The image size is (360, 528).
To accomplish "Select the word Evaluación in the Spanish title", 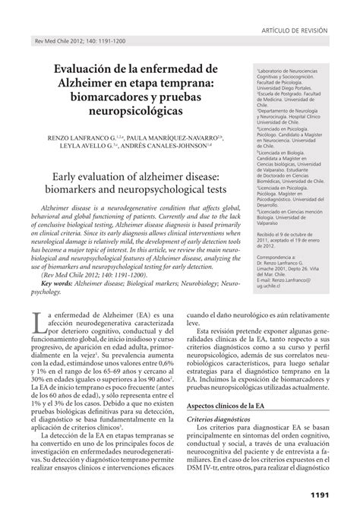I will (83, 70).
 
